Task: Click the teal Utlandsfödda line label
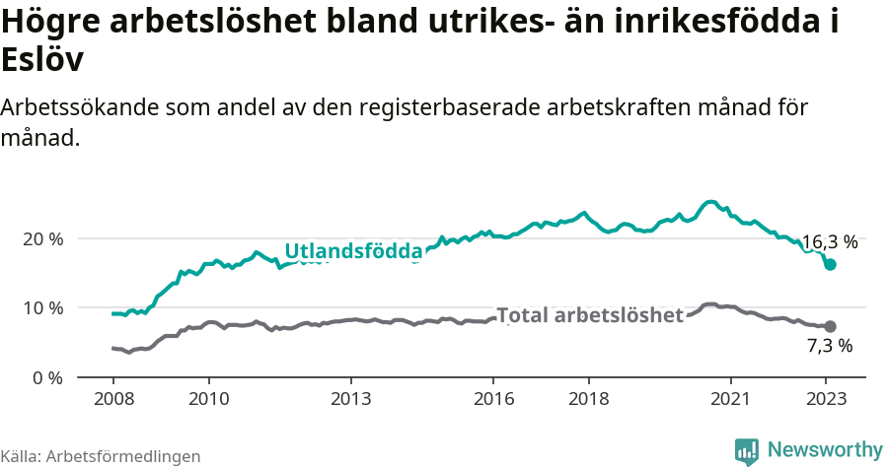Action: (353, 251)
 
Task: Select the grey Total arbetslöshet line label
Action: (590, 315)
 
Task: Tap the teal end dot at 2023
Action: (830, 264)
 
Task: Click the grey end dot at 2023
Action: (830, 326)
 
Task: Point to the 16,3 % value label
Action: (829, 241)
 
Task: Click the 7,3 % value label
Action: (829, 346)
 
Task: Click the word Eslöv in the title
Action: (41, 59)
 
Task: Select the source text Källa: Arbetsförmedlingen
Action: (101, 456)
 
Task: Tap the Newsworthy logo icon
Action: (747, 451)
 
